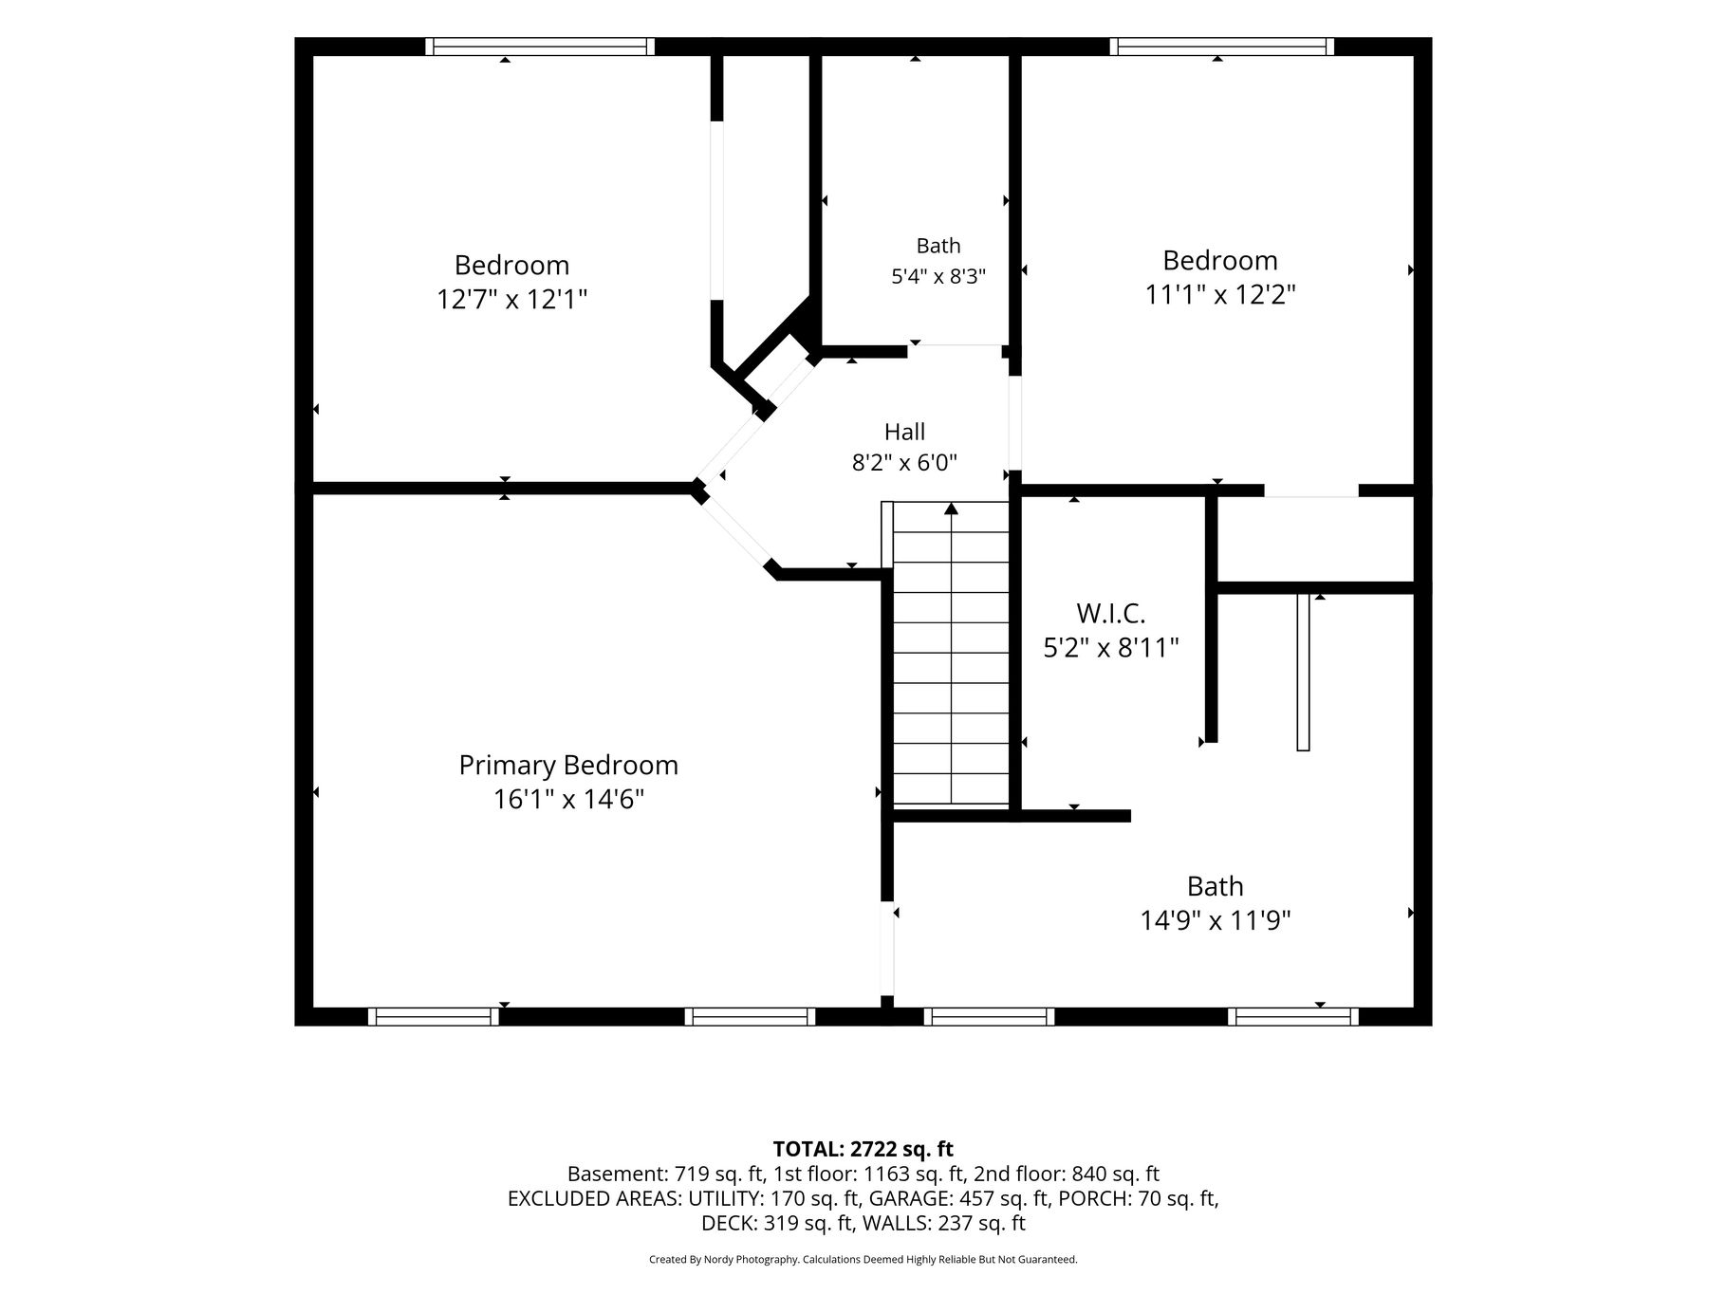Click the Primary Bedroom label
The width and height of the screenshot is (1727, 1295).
(x=568, y=766)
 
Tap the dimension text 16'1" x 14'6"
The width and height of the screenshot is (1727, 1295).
(x=568, y=800)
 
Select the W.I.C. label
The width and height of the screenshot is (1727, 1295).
(x=1110, y=613)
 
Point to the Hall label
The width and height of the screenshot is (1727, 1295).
(x=904, y=433)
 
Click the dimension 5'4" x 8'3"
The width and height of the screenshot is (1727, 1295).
(x=938, y=277)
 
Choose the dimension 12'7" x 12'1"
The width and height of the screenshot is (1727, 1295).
(x=511, y=300)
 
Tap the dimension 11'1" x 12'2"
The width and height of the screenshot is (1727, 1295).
(x=1220, y=295)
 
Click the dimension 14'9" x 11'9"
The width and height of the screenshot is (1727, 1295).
(x=1216, y=920)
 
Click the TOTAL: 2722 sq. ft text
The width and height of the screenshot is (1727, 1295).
(x=863, y=1150)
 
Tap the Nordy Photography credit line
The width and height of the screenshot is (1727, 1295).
(x=863, y=1260)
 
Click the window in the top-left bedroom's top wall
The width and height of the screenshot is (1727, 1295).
(x=540, y=46)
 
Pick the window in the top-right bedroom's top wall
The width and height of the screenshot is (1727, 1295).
(x=1222, y=46)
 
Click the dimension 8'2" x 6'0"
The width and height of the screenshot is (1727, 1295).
(x=904, y=463)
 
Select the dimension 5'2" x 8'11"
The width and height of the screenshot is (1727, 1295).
(x=1110, y=648)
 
